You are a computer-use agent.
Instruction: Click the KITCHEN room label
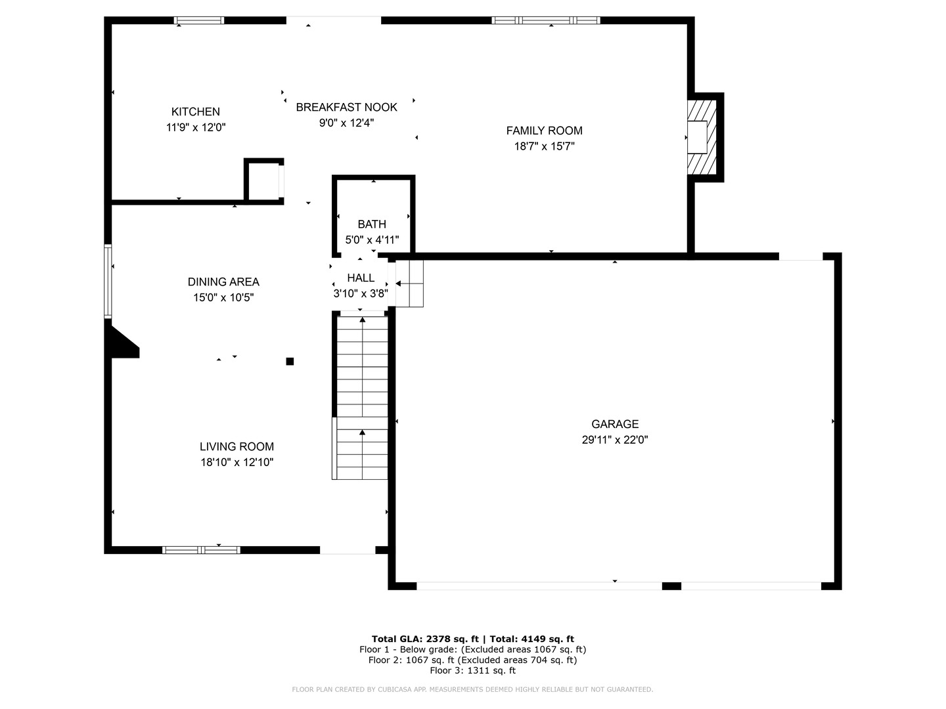point(195,112)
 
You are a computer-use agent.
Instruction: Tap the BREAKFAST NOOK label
point(346,107)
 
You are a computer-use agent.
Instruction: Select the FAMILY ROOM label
point(544,131)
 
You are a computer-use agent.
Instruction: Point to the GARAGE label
point(615,424)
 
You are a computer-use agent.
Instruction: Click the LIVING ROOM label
point(236,446)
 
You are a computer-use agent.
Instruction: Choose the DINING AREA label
point(223,282)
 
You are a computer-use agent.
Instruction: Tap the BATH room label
point(372,225)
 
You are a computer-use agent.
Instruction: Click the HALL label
point(361,278)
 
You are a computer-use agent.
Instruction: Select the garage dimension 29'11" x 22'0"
point(615,440)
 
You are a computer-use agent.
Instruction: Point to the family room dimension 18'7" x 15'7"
point(544,146)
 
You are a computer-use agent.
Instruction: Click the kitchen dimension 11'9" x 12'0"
point(196,127)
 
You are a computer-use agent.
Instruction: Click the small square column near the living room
point(290,361)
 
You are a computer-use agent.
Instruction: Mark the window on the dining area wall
point(108,282)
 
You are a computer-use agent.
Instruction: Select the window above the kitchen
point(198,20)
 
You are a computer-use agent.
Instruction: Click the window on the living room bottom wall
point(201,549)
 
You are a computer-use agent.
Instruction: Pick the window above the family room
point(546,20)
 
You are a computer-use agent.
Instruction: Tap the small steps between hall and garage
point(409,283)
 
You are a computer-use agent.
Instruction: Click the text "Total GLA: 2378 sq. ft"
point(425,639)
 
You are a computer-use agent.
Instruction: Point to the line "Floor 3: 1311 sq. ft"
point(472,670)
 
